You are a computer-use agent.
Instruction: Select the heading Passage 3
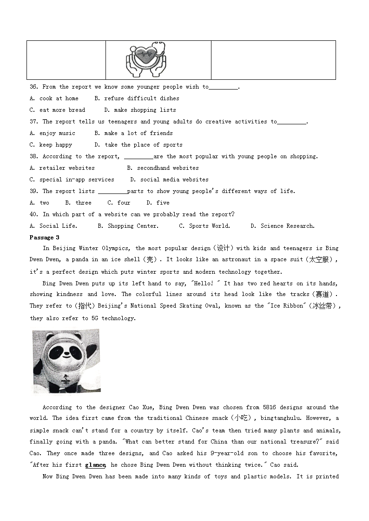44,238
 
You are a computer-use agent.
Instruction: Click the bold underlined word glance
95,465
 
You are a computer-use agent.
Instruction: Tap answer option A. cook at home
54,98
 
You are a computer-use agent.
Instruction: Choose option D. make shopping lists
140,110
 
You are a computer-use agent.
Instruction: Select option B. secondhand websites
163,168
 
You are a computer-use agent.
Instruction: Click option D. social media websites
169,180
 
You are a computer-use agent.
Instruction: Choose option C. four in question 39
119,203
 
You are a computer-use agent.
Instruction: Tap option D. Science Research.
283,226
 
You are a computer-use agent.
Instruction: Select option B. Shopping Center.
128,226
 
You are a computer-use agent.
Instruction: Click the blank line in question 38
138,157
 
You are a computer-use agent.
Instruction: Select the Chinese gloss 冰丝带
325,306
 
